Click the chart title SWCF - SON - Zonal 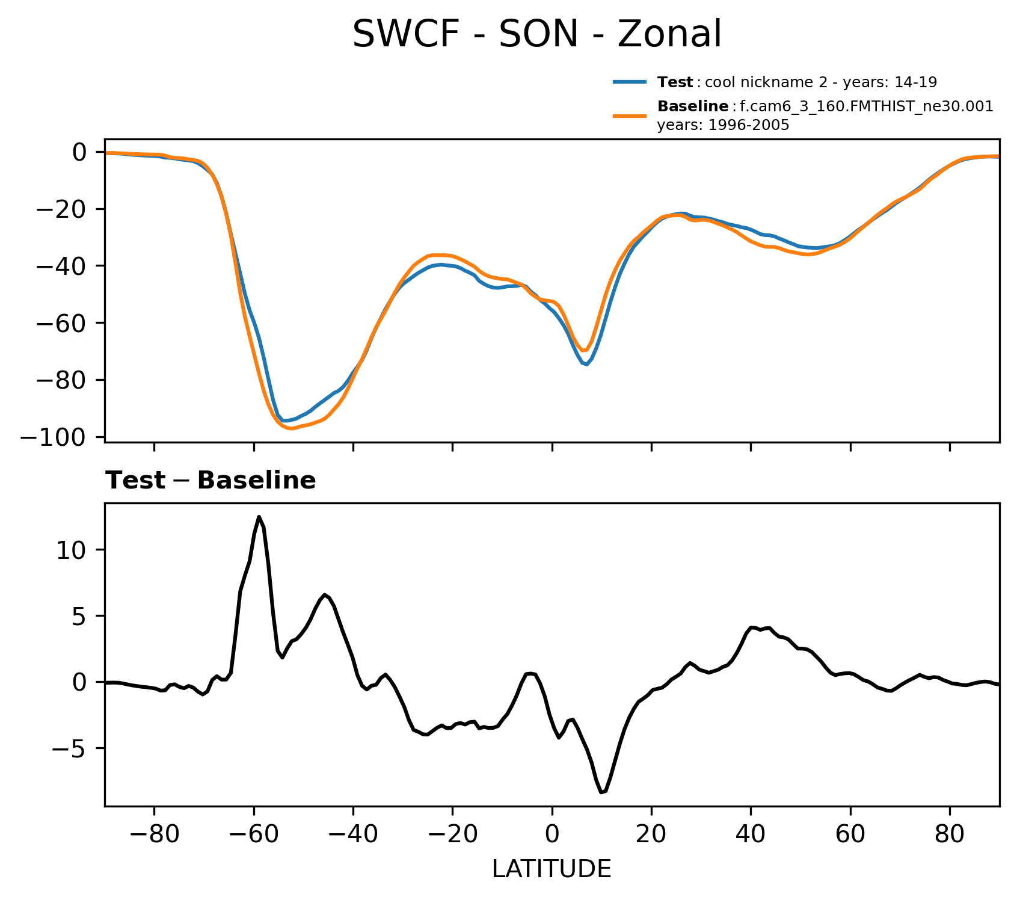tap(536, 34)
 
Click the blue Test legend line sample tap(630, 82)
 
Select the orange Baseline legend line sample tap(630, 116)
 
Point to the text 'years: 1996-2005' tap(723, 126)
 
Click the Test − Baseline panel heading tap(210, 481)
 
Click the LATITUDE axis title tap(552, 869)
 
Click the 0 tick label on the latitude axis tap(552, 837)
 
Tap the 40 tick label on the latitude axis tap(751, 837)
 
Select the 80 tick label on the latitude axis tap(950, 837)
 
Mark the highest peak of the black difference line tap(259, 516)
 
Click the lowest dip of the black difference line tap(601, 792)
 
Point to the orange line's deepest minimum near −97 tap(291, 428)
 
